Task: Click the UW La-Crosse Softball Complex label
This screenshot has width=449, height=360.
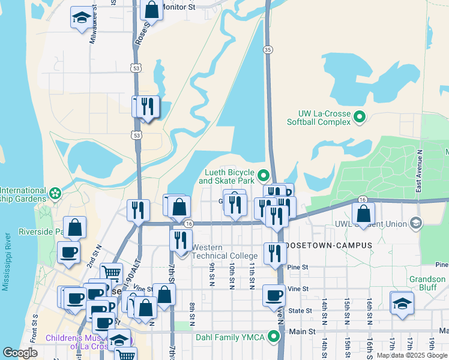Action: pyautogui.click(x=324, y=118)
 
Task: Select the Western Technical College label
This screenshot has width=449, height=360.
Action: pyautogui.click(x=224, y=251)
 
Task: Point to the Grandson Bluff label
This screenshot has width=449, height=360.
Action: pyautogui.click(x=427, y=283)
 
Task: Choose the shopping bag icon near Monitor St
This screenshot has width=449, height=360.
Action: pyautogui.click(x=151, y=10)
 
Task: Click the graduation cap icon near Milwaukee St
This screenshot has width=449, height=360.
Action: pyautogui.click(x=81, y=18)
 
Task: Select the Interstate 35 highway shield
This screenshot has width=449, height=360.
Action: pyautogui.click(x=268, y=49)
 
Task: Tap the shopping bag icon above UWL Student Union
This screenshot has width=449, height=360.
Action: pyautogui.click(x=364, y=213)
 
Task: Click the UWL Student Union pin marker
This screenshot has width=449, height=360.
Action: pyautogui.click(x=415, y=224)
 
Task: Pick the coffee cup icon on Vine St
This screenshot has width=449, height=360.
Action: pyautogui.click(x=274, y=295)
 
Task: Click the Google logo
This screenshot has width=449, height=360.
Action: pyautogui.click(x=20, y=353)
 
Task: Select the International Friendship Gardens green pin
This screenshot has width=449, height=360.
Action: pyautogui.click(x=55, y=194)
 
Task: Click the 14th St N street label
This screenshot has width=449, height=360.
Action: pyautogui.click(x=324, y=311)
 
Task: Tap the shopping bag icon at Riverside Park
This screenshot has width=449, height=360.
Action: pyautogui.click(x=75, y=227)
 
